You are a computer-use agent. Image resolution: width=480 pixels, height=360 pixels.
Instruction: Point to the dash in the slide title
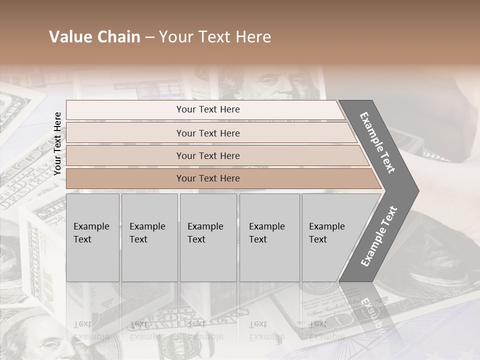pos(149,37)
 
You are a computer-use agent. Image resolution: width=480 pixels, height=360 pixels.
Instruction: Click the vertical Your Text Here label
pos(57,143)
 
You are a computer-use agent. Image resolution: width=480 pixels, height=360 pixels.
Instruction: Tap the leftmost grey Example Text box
pos(92,237)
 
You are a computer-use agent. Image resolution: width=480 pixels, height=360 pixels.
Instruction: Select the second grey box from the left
pos(149,237)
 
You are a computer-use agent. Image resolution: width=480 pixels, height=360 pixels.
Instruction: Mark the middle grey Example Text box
pos(208,237)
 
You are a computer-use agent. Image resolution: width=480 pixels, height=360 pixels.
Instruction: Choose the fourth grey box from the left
pos(269,237)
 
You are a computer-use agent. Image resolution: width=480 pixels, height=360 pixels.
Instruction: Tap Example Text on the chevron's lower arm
pos(379,236)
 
